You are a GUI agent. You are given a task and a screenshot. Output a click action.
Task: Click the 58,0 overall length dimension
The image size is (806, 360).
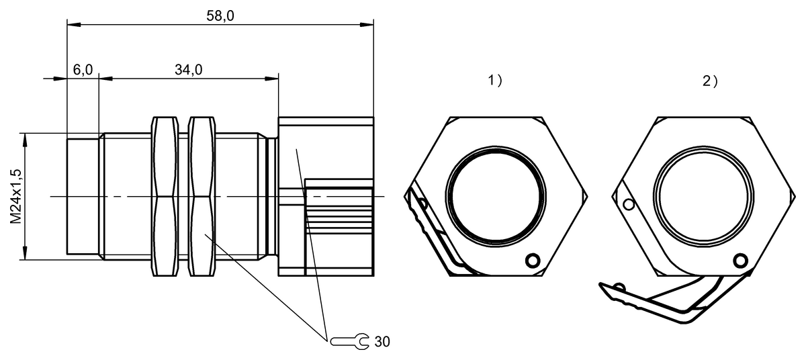(x=220, y=16)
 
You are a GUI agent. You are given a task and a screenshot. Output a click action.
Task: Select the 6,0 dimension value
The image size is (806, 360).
(x=83, y=70)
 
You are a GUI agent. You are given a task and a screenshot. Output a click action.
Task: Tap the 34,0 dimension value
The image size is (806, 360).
(x=189, y=70)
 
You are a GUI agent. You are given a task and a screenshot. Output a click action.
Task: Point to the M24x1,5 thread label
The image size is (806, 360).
(x=16, y=196)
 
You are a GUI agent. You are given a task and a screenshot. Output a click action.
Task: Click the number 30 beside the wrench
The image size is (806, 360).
(x=382, y=342)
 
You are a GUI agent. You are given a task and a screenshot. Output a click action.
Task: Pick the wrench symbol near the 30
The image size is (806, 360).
(x=350, y=341)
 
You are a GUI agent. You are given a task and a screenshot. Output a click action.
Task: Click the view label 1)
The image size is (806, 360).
(x=495, y=80)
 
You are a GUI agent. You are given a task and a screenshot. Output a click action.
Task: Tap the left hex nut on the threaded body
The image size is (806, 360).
(x=165, y=196)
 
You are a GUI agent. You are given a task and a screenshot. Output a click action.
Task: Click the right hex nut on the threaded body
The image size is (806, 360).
(x=202, y=196)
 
